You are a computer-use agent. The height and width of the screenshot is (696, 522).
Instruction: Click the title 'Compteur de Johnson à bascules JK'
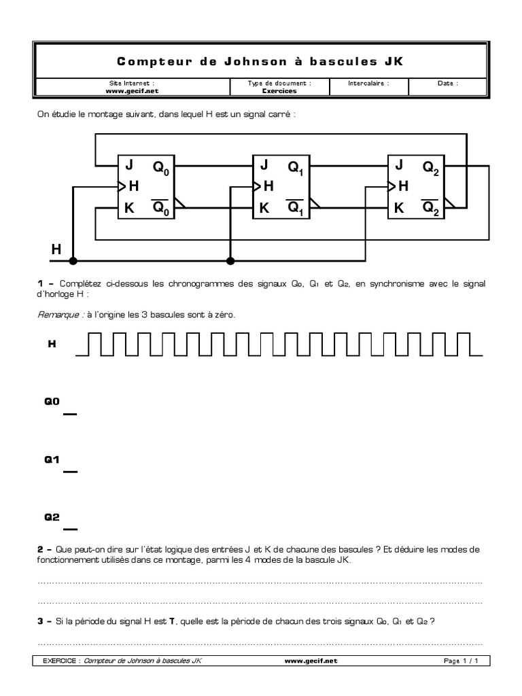[260, 61]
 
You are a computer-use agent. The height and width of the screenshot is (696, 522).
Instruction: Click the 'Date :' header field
[448, 84]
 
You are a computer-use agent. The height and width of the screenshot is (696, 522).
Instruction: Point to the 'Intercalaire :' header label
[369, 84]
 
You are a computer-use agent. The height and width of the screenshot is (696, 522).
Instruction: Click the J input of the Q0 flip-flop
[128, 165]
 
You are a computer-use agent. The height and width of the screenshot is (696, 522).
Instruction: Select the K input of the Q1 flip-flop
[264, 208]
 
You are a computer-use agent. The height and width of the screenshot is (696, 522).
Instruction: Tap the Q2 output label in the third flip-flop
[432, 167]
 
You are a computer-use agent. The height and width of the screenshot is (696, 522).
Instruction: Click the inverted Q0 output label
[162, 208]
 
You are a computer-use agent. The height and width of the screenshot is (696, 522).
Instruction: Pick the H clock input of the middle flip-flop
[268, 186]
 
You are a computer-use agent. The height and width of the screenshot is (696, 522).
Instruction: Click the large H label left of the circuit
[56, 251]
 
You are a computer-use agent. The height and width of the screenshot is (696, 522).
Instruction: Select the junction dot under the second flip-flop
[230, 260]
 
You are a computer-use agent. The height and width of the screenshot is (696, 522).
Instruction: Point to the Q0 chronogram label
[52, 402]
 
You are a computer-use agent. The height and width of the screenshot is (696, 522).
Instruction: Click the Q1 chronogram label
[52, 459]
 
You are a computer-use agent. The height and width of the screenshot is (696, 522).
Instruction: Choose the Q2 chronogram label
[52, 517]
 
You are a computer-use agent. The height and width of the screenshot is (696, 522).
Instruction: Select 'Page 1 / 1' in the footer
[462, 660]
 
